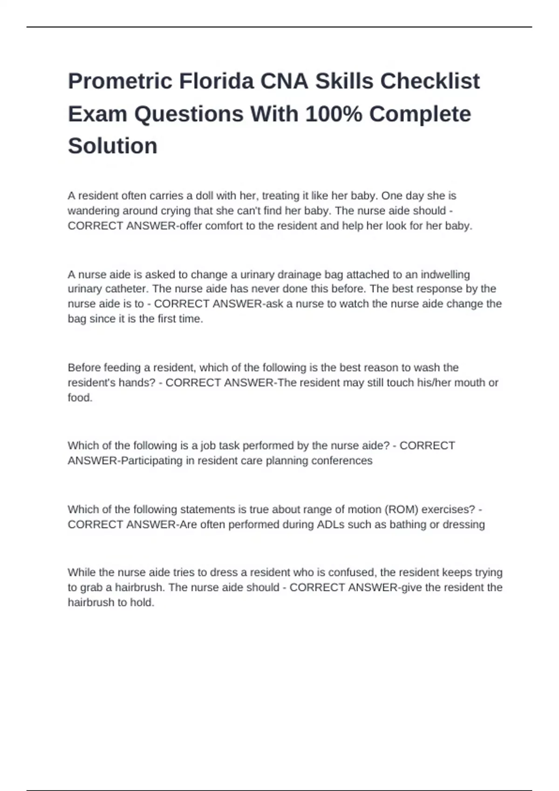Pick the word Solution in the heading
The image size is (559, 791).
(113, 146)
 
